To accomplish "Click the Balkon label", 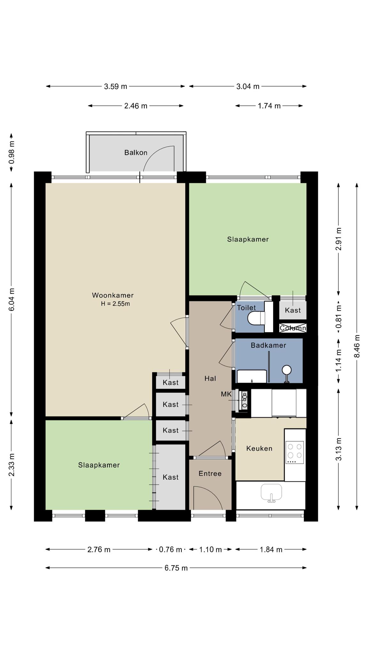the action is [136, 153].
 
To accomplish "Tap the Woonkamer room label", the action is [113, 295].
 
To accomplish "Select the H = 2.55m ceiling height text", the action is [115, 304].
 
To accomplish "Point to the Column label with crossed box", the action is [293, 328].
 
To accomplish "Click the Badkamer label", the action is [268, 345].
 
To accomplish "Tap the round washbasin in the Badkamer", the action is [287, 370].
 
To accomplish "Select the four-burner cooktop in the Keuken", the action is [295, 452].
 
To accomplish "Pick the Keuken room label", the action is [259, 448].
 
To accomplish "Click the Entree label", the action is [210, 474].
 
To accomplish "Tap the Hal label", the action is [210, 378].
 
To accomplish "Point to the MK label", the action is [226, 394].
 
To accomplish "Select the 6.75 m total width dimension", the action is [176, 568].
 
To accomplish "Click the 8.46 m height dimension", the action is [357, 346].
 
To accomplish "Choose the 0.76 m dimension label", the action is [171, 549].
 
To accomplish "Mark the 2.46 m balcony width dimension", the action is [136, 106].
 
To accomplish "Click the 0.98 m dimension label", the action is [11, 152].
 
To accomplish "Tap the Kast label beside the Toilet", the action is [293, 310].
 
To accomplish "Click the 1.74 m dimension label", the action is [269, 106].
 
